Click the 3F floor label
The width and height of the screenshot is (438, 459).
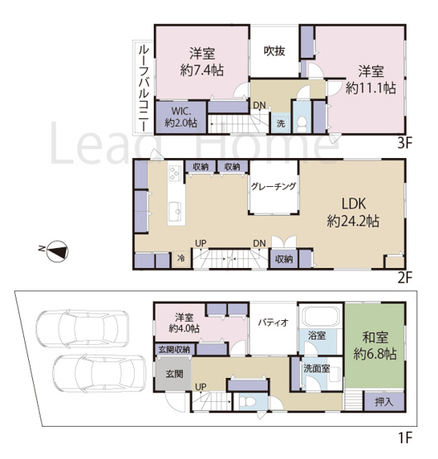point(403,142)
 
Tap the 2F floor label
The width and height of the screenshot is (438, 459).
point(403,278)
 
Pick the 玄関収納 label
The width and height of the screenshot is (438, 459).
point(174,350)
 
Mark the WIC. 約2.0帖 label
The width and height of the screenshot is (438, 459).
point(179,117)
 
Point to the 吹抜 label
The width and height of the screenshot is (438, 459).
point(274,50)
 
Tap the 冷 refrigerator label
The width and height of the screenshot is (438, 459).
point(179,259)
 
